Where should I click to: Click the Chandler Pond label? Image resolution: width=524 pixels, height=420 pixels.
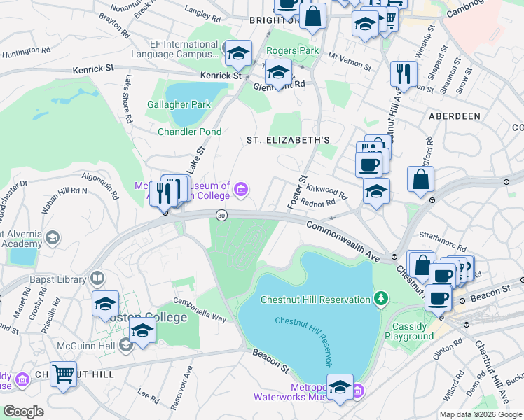[189, 132]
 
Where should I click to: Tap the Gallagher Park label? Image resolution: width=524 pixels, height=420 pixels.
[179, 105]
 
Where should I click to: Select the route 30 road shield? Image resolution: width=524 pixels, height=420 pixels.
[221, 215]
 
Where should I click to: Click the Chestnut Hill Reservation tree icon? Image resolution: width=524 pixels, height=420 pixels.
[381, 299]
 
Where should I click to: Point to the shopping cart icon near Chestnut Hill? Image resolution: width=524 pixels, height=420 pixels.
[64, 374]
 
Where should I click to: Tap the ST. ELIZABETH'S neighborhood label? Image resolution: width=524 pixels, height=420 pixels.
[288, 140]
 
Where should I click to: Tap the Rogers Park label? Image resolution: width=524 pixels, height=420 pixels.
[293, 50]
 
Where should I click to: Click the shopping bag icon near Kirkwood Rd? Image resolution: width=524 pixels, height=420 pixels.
[420, 178]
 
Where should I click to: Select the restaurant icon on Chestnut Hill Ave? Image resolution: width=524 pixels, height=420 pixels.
[403, 73]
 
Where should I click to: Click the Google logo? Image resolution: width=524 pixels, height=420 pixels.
[24, 411]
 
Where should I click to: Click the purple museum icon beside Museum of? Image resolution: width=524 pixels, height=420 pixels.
[242, 188]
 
